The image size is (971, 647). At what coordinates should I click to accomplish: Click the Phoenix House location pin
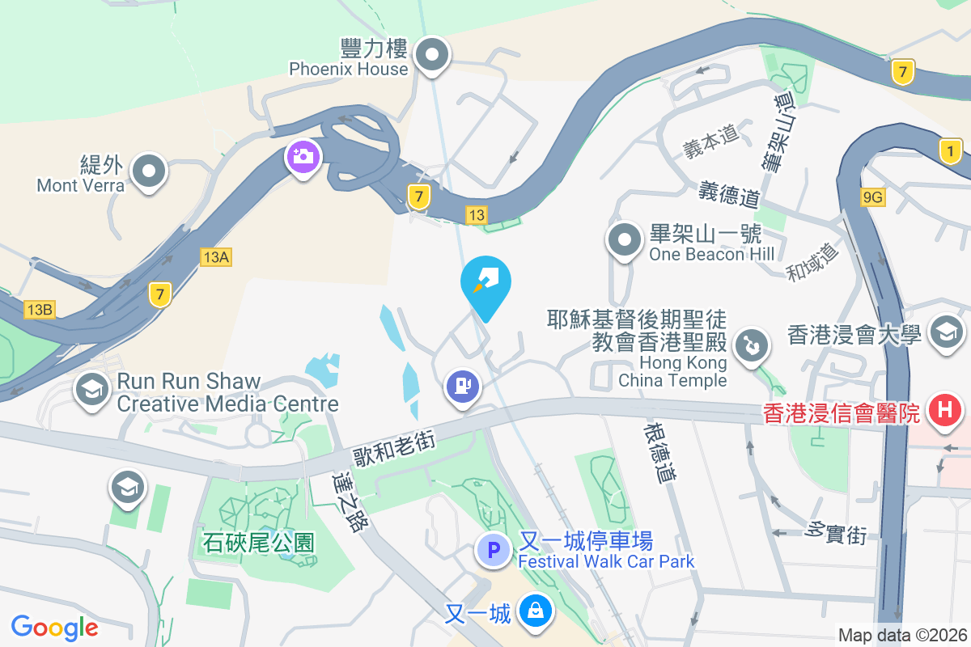432,56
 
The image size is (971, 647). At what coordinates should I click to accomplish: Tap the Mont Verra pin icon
149,171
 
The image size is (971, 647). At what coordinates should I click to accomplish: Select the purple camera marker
303,156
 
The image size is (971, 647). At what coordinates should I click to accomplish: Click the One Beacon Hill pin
624,239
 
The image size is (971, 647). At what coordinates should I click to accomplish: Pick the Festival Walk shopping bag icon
535,611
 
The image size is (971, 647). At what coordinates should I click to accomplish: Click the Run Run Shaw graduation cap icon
93,390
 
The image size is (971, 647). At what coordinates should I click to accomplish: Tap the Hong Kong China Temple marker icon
751,345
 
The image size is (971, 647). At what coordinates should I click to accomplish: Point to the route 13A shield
216,257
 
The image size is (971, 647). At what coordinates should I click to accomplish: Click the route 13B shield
40,310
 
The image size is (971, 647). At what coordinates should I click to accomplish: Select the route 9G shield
874,197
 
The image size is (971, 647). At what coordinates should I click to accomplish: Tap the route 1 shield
952,150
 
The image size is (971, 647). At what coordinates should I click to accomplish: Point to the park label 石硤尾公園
257,542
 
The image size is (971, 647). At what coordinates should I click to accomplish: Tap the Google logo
54,627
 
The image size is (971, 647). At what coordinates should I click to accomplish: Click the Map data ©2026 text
903,635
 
